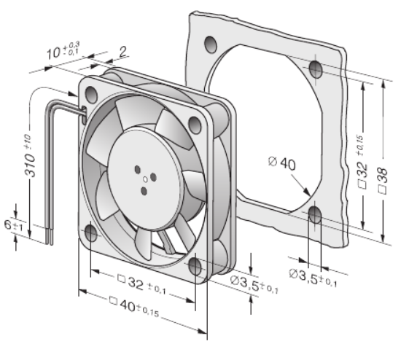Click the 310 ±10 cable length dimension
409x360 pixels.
[x=29, y=156]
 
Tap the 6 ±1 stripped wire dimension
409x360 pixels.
[x=13, y=226]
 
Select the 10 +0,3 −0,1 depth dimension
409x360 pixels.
[x=63, y=50]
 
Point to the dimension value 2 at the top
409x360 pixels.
[x=123, y=52]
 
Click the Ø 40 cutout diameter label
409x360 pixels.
[x=282, y=163]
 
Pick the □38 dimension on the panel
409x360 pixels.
[x=383, y=181]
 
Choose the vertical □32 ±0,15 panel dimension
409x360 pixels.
[x=362, y=162]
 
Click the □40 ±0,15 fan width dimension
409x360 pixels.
[x=134, y=306]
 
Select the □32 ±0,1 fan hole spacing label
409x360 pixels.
[x=142, y=284]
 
